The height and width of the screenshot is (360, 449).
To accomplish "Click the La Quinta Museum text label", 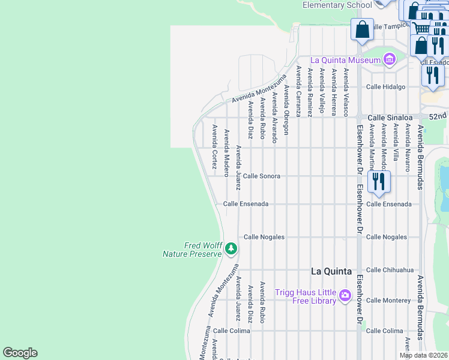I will click(345, 60).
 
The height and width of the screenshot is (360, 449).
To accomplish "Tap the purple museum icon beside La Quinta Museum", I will click(390, 59).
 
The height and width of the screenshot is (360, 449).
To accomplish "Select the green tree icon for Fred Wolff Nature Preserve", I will click(231, 248).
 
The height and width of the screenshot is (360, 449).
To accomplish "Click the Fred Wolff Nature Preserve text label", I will click(192, 250).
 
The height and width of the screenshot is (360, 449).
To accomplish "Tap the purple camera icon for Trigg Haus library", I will click(345, 295).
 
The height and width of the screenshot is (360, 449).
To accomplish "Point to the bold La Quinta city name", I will click(331, 271).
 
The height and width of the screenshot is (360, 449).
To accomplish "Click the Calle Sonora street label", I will click(262, 176).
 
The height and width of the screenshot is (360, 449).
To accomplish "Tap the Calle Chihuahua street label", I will click(390, 270).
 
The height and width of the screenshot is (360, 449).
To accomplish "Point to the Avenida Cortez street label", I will click(214, 147).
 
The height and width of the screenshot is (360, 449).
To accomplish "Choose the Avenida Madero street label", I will click(226, 153).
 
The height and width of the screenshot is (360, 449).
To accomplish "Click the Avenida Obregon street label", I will click(286, 109).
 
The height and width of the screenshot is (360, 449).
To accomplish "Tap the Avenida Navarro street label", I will click(407, 148).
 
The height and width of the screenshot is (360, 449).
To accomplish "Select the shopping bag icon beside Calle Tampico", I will click(362, 29).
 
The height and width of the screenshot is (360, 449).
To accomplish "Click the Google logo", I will click(20, 353).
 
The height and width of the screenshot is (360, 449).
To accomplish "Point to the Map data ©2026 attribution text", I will click(423, 355).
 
